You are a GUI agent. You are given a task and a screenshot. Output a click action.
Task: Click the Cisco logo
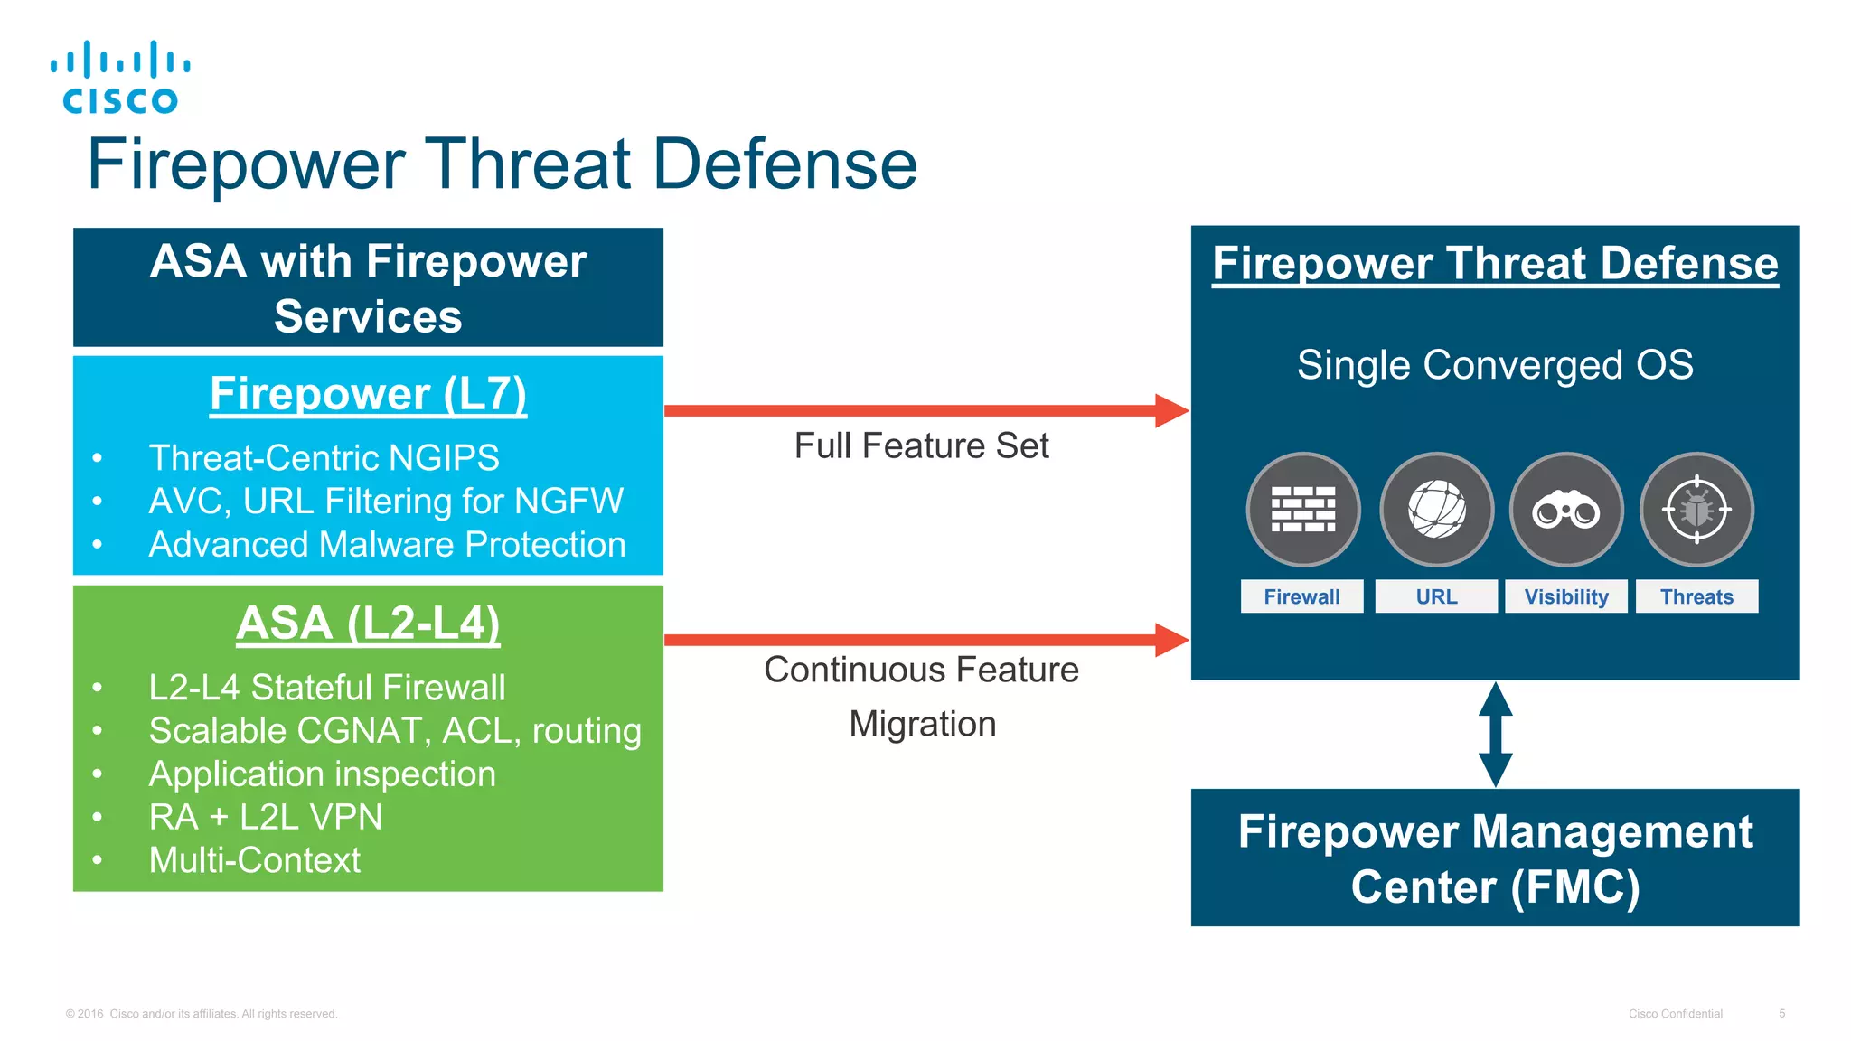[x=120, y=78]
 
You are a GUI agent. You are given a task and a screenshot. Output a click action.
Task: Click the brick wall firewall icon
[x=1302, y=510]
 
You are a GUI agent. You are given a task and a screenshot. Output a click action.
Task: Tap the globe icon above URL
[x=1436, y=510]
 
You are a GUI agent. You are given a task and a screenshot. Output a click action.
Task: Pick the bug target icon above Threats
[x=1696, y=510]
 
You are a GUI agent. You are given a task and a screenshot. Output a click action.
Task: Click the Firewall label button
[x=1301, y=596]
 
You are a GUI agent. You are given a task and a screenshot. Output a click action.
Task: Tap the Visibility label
[x=1565, y=596]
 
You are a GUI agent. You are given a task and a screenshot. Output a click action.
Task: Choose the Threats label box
[x=1696, y=596]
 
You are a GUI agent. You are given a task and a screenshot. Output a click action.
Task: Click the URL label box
[x=1436, y=596]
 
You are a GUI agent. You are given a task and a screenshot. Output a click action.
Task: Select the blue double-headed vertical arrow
[x=1495, y=734]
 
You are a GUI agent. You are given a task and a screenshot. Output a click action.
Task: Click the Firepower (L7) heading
[x=368, y=394]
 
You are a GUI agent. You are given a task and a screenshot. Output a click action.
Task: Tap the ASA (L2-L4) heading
[x=368, y=624]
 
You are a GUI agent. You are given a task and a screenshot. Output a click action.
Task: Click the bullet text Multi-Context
[x=255, y=859]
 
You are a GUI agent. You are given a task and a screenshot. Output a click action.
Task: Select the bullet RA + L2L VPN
[x=266, y=817]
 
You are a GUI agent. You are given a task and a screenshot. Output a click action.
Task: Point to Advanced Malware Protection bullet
[x=387, y=545]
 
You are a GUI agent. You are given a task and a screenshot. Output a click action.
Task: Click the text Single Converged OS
[x=1495, y=365]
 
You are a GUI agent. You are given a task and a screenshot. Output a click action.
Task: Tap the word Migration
[x=922, y=724]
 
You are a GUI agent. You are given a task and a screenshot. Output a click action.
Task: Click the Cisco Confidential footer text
[x=1675, y=1014]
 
